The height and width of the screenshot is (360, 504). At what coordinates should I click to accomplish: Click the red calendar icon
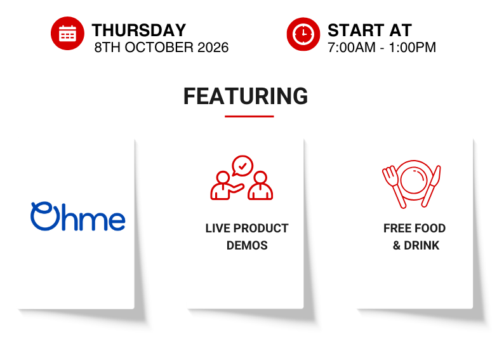[67, 34]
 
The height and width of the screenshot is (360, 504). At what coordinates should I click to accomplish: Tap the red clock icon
[303, 34]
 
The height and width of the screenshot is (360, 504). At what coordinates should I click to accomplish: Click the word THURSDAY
[139, 30]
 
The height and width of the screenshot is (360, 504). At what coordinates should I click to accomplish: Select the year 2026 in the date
[213, 48]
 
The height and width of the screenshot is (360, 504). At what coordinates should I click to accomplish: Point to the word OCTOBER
[159, 48]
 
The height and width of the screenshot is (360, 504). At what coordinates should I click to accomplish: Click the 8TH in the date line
[107, 48]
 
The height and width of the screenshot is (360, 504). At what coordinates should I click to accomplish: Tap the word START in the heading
[355, 30]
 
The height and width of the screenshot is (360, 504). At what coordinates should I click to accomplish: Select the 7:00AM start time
[351, 48]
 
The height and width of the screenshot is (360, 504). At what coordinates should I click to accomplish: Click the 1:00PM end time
[413, 48]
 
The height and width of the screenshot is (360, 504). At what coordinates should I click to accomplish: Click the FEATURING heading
[246, 96]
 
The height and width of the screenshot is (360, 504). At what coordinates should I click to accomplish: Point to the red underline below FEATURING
[249, 116]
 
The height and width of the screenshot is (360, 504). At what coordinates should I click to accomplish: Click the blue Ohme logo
[78, 217]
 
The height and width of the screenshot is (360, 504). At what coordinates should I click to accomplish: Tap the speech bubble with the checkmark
[242, 166]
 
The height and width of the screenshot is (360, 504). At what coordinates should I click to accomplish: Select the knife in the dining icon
[432, 187]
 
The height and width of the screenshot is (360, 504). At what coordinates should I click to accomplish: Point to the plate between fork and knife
[414, 180]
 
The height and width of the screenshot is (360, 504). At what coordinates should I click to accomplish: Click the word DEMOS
[247, 246]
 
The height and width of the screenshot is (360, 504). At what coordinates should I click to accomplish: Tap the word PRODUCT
[261, 228]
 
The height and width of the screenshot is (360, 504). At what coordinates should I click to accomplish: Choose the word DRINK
[421, 246]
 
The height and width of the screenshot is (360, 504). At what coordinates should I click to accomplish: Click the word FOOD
[430, 228]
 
